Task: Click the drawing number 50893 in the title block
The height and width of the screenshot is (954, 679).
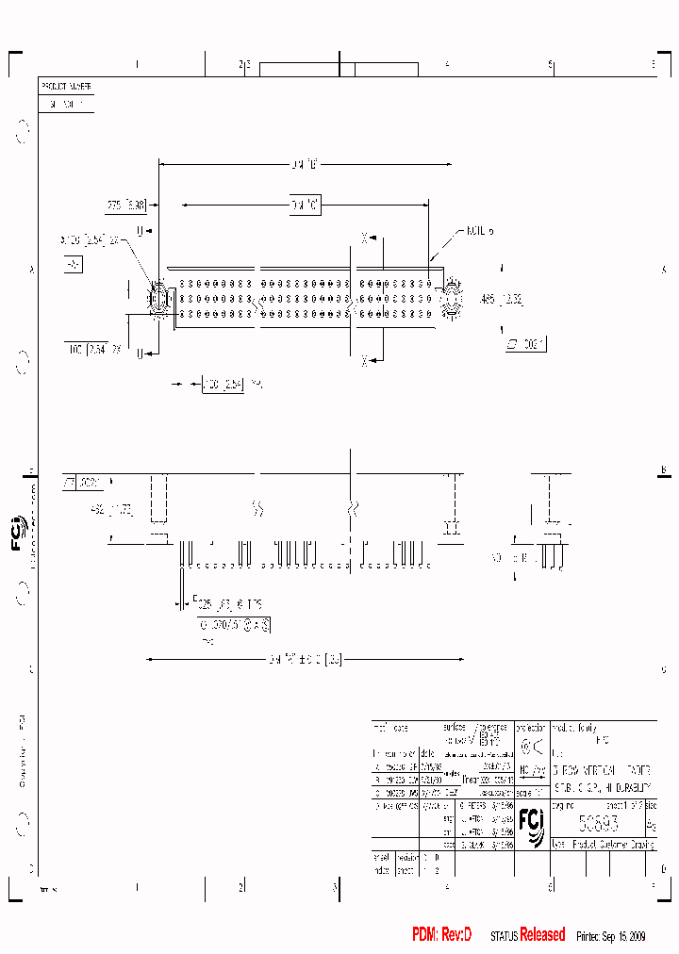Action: click(598, 821)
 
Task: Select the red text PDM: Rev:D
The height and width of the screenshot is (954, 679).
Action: click(441, 934)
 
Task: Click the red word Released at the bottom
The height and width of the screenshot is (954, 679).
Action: click(542, 934)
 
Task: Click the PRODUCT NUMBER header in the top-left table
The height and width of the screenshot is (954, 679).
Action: click(65, 86)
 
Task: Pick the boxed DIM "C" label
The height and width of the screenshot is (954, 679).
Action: click(304, 204)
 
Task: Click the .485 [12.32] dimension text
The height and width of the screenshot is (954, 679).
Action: click(501, 300)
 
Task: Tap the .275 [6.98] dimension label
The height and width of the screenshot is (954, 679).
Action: click(124, 204)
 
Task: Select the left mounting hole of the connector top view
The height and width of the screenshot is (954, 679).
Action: click(158, 300)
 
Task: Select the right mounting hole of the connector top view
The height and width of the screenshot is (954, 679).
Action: click(451, 300)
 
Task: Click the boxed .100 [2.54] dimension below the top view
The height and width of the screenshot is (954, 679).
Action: click(222, 385)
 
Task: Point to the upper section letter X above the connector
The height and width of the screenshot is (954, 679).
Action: click(364, 237)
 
